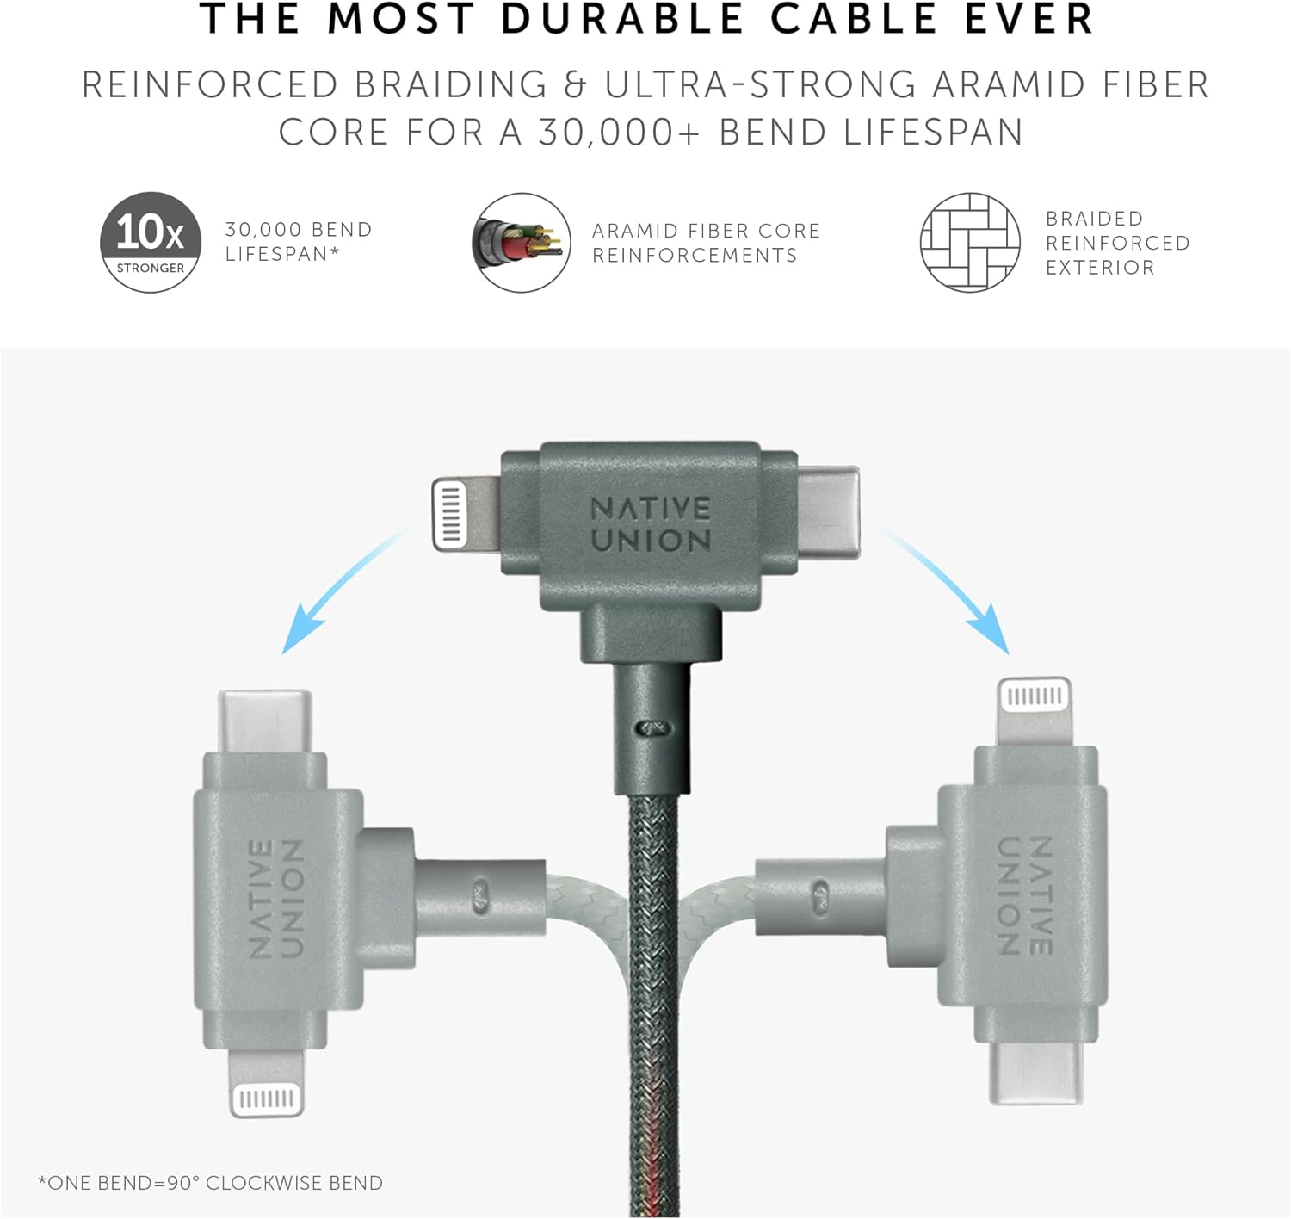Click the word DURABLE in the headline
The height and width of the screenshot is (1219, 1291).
tap(622, 19)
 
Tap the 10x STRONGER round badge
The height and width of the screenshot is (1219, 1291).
tap(150, 242)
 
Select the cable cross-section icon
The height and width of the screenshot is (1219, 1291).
tap(521, 243)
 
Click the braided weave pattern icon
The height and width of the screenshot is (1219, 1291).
tap(970, 243)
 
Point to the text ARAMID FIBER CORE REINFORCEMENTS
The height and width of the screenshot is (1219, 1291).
tap(706, 243)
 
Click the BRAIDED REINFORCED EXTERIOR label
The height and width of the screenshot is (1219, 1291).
tap(1117, 243)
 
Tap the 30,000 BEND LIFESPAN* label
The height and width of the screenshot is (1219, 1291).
tap(299, 241)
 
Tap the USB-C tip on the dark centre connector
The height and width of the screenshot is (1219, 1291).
tap(828, 512)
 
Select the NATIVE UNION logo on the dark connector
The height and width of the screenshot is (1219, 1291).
tap(650, 525)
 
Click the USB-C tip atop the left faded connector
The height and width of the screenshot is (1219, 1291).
tap(265, 721)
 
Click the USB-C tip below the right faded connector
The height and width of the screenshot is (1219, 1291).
tap(1035, 1073)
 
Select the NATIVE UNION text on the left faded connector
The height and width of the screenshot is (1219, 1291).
tap(276, 898)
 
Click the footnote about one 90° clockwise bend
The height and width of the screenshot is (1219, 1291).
tap(211, 1183)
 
